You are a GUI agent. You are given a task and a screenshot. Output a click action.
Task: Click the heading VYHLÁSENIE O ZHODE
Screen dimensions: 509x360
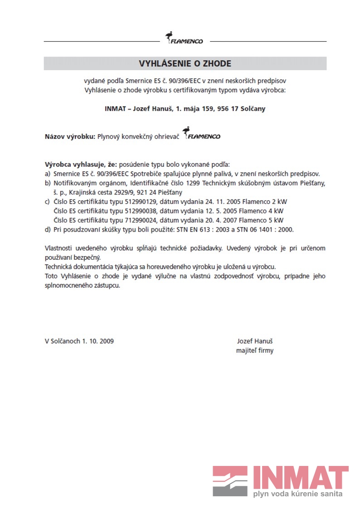[185, 63]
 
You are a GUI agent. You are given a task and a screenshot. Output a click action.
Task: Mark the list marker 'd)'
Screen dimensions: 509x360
[48, 230]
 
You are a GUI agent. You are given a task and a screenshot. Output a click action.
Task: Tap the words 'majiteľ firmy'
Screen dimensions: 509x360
[254, 350]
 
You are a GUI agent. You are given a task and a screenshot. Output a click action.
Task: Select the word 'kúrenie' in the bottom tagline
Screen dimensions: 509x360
[307, 494]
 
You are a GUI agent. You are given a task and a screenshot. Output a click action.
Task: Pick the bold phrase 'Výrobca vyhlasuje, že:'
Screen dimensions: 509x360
[80, 164]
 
